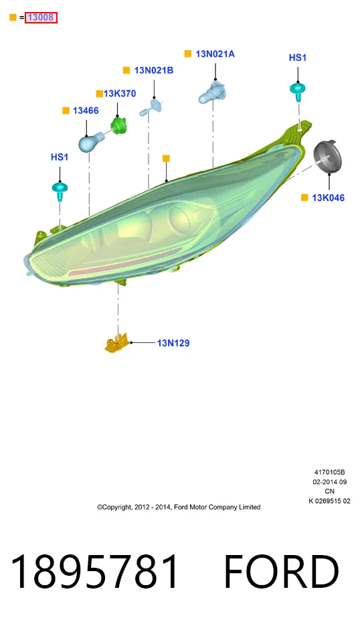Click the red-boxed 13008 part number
tap(41, 17)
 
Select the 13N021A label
tap(215, 54)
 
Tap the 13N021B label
tap(153, 70)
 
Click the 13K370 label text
tap(120, 94)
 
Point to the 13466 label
tap(86, 110)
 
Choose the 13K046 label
tap(328, 198)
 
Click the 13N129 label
tap(173, 343)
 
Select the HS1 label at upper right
tap(298, 58)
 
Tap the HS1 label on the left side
tap(60, 157)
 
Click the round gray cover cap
tap(328, 157)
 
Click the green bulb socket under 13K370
tap(118, 125)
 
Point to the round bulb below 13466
tap(90, 142)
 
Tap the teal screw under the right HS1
tap(298, 92)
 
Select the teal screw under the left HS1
tap(60, 190)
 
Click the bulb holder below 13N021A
tap(213, 92)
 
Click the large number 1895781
tap(94, 571)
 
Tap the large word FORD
tap(282, 572)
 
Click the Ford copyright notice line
tap(179, 507)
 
